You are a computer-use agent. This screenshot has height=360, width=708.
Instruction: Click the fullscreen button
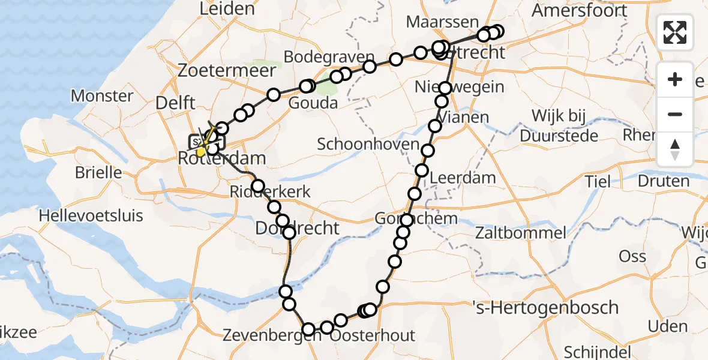[676, 32]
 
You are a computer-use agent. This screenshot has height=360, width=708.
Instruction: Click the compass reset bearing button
[676, 149]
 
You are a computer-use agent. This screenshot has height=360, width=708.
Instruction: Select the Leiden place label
[227, 8]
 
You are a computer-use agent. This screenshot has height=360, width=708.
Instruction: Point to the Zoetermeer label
[227, 70]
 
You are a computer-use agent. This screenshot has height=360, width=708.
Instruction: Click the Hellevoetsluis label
[91, 215]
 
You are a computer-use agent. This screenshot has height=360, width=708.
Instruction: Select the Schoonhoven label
[368, 144]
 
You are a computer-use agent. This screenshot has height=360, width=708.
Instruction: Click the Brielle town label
[98, 173]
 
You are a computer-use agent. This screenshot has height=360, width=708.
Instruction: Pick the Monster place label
[102, 95]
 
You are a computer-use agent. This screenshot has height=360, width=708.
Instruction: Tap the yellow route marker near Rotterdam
[200, 151]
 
